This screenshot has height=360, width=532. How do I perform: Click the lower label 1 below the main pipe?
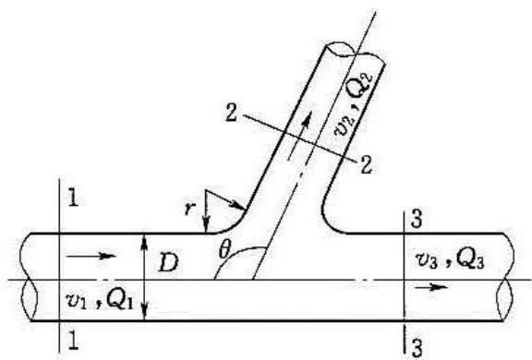(73, 340)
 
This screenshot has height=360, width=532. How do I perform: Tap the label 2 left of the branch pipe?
(232, 113)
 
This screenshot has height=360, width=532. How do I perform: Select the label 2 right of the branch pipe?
(366, 164)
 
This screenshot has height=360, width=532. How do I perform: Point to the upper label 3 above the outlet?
(417, 219)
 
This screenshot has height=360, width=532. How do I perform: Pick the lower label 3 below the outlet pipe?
(417, 348)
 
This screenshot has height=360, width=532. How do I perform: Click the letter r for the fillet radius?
(189, 210)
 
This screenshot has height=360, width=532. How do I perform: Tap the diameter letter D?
(168, 263)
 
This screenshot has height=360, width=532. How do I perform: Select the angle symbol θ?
(224, 251)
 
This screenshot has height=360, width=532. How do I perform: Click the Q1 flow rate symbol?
(119, 300)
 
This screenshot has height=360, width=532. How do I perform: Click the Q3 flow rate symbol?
(470, 260)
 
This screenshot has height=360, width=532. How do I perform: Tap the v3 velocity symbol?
(427, 262)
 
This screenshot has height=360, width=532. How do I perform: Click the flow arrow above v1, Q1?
(91, 256)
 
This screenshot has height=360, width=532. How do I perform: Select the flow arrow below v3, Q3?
(431, 288)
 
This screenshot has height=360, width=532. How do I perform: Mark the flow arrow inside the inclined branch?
(299, 137)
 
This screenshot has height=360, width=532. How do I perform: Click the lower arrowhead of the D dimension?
(144, 313)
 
